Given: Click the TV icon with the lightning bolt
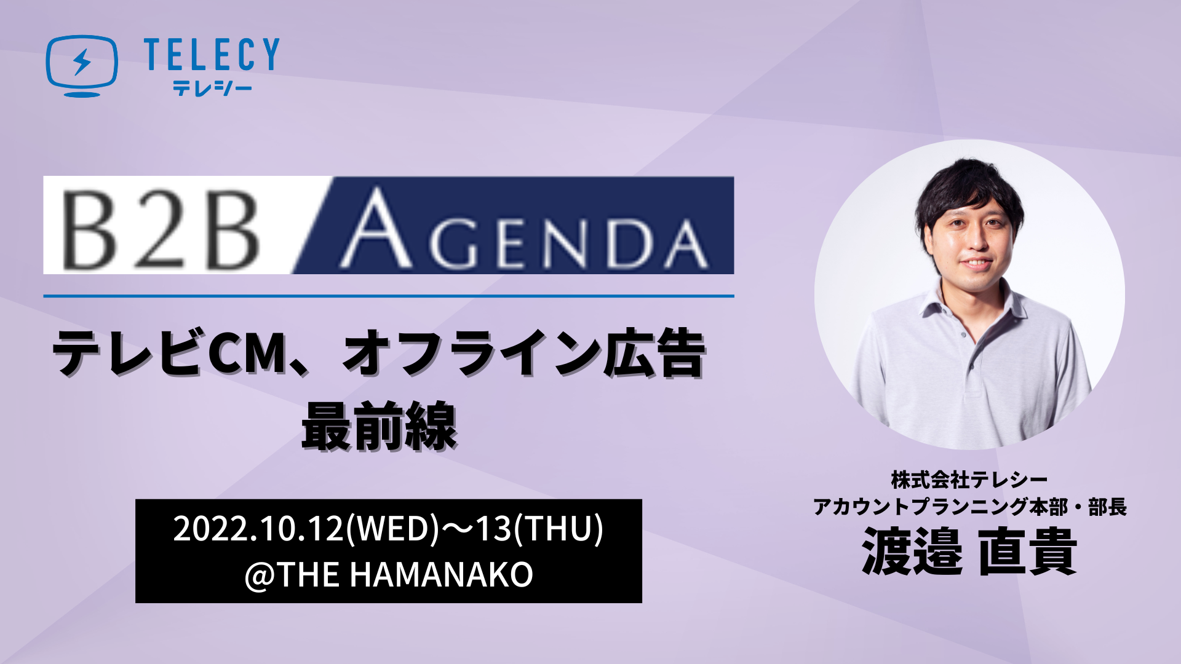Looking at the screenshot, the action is coord(82,65).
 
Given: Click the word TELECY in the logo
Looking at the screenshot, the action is coord(212,54).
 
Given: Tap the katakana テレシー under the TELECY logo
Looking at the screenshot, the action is coord(212,88).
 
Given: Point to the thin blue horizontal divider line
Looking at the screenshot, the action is coord(389,296).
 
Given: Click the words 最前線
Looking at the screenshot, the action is coord(379,425).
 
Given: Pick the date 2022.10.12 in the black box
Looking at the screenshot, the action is coord(258,528).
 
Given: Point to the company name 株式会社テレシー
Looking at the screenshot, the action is coord(969,480).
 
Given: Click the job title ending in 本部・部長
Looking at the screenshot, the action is coord(969,507).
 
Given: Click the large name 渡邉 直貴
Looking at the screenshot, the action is coord(969,551).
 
